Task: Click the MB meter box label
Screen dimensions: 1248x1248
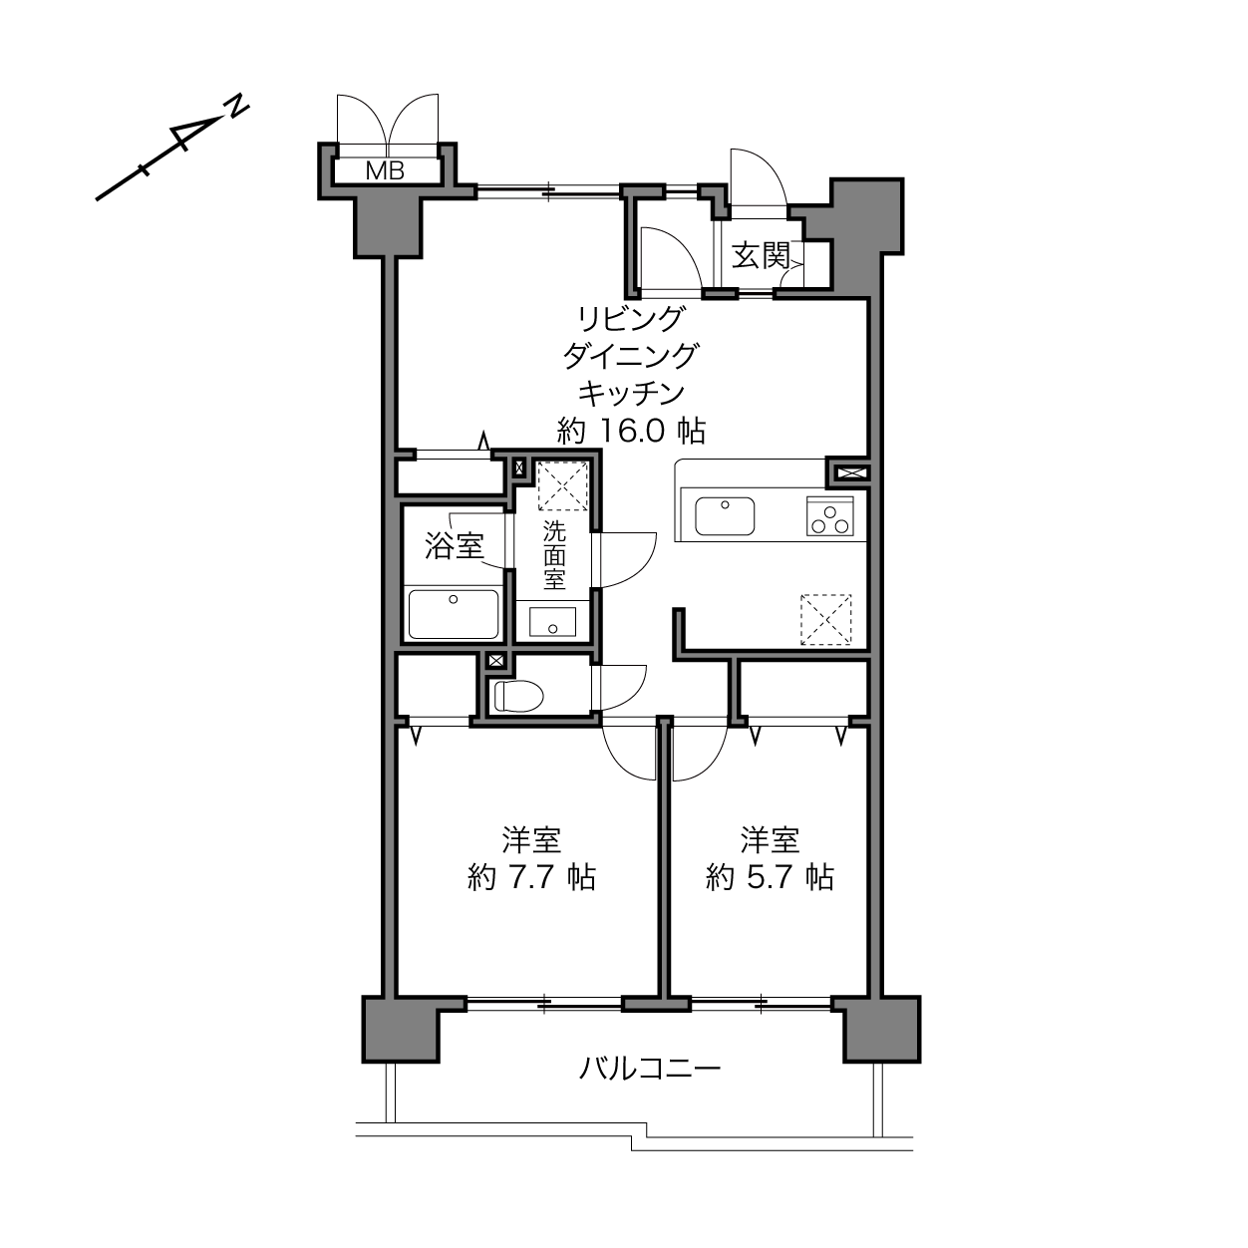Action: (x=385, y=171)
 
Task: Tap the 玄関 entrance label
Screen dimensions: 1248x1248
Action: (x=761, y=255)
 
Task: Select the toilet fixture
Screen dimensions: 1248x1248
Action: (x=518, y=696)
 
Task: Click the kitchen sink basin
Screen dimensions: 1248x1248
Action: (x=725, y=516)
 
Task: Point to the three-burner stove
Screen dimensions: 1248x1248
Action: (x=829, y=515)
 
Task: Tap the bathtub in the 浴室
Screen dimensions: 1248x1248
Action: (x=454, y=614)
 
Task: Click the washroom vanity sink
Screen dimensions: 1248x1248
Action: (x=552, y=622)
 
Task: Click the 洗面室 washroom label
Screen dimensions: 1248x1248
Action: (x=554, y=555)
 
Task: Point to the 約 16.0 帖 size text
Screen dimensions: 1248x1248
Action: (x=631, y=430)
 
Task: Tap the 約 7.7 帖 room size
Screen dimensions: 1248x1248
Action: (x=531, y=877)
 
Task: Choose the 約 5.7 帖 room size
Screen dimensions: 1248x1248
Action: (x=771, y=877)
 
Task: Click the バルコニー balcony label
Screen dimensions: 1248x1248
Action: (x=650, y=1068)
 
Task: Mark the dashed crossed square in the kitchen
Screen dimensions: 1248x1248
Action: (x=825, y=620)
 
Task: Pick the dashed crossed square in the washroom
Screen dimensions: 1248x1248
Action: (x=563, y=486)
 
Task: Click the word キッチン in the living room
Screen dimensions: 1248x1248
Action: (x=631, y=393)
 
